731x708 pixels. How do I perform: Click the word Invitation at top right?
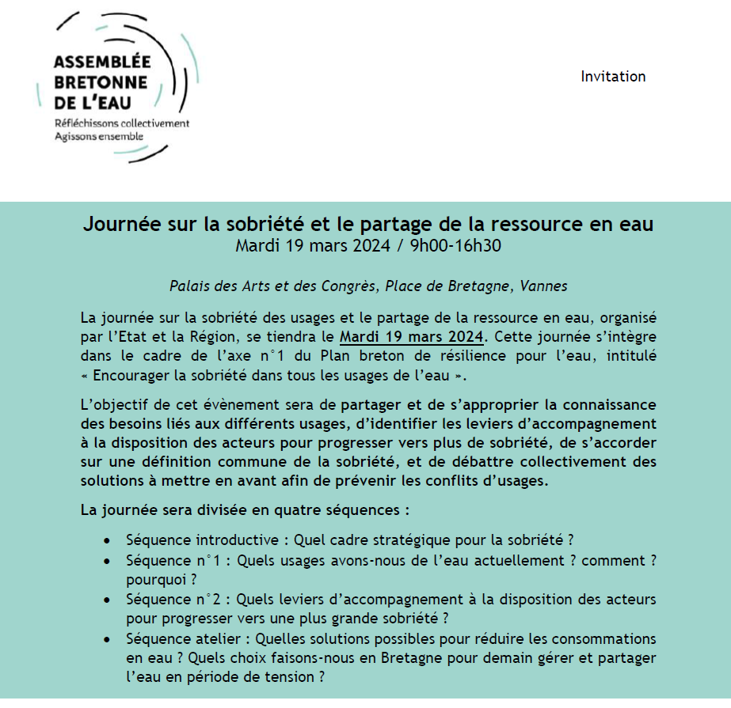[x=613, y=77]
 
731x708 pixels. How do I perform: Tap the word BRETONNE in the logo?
[x=101, y=83]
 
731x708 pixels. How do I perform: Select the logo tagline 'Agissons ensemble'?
[x=100, y=135]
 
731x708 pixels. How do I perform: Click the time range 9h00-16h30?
[x=455, y=245]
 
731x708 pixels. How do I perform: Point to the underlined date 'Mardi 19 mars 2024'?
[x=411, y=335]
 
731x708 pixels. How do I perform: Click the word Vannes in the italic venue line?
[x=546, y=286]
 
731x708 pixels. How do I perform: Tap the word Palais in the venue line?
[x=191, y=286]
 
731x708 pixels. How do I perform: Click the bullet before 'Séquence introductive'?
[x=107, y=541]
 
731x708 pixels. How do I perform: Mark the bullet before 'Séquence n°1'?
[x=107, y=561]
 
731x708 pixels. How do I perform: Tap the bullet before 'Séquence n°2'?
[x=107, y=600]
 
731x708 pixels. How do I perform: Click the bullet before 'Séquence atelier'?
[x=107, y=639]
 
